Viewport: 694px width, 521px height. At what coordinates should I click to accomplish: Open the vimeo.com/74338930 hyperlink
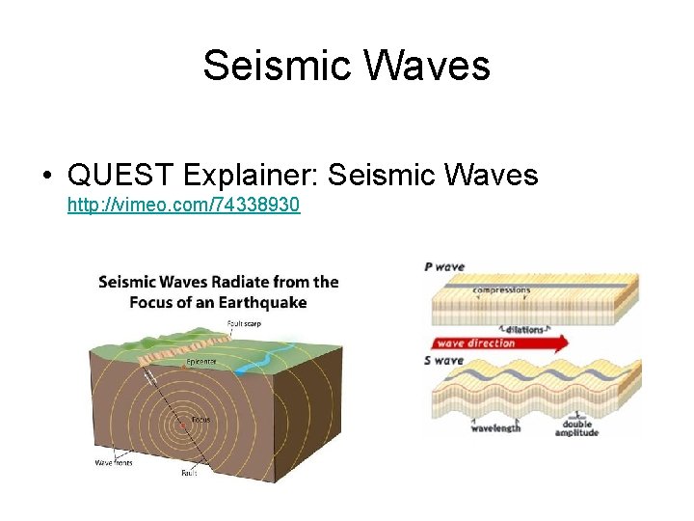click(x=183, y=205)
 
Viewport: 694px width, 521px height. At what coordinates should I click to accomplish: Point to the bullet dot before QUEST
click(x=46, y=176)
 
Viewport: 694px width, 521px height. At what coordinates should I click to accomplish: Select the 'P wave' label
click(x=444, y=266)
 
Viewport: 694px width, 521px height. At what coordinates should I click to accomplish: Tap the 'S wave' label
click(x=444, y=361)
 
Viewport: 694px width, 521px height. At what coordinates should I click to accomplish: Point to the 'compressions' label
click(x=501, y=289)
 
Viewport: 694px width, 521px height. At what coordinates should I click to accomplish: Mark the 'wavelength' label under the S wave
click(x=495, y=427)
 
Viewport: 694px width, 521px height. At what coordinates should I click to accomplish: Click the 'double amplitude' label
click(x=576, y=427)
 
